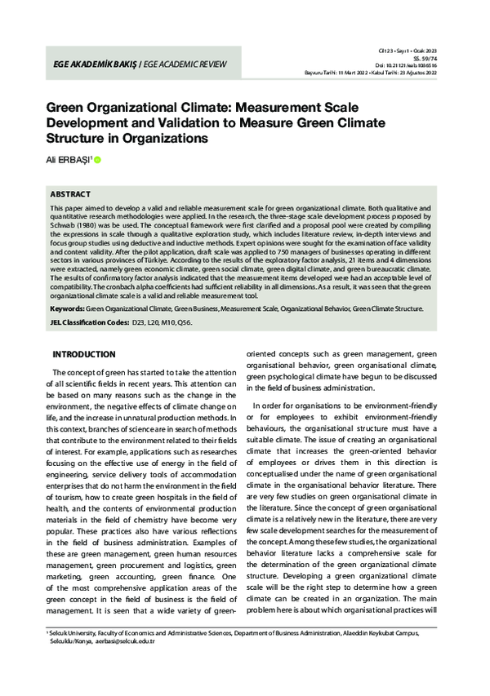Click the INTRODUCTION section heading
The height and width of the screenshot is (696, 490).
coord(83,355)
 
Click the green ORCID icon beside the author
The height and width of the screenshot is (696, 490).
coord(98,160)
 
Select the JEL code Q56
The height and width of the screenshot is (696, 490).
coord(187,324)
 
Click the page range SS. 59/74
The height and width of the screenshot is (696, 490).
coord(431,59)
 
